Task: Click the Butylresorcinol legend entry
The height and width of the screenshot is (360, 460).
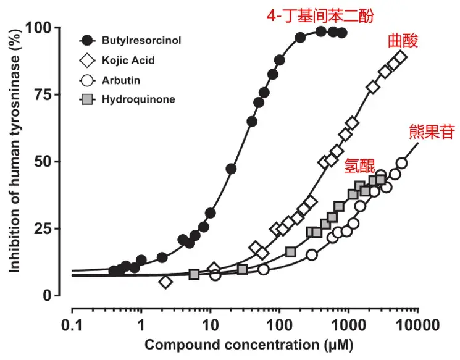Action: [x=135, y=41]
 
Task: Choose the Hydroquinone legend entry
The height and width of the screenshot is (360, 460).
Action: [x=136, y=99]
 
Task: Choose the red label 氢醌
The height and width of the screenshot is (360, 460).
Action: [x=359, y=165]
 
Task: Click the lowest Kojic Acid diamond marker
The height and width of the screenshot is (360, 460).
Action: [x=165, y=282]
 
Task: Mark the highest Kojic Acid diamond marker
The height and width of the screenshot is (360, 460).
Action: [x=401, y=57]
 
